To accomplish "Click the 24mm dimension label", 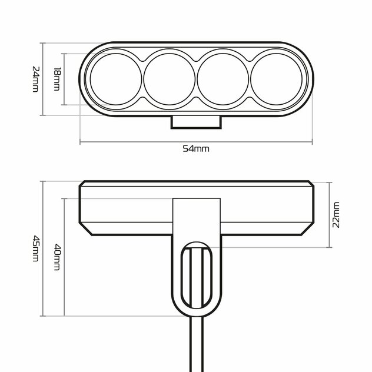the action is pyautogui.click(x=35, y=79).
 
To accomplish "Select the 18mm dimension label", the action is pyautogui.click(x=57, y=79).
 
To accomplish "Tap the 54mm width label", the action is pyautogui.click(x=196, y=149).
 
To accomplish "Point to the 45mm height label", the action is pyautogui.click(x=35, y=248).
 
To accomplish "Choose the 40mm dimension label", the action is pyautogui.click(x=57, y=257).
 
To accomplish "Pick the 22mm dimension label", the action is pyautogui.click(x=336, y=215).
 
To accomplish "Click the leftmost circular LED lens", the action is pyautogui.click(x=116, y=79).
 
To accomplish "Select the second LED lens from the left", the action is pyautogui.click(x=170, y=79).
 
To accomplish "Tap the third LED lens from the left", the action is pyautogui.click(x=223, y=79).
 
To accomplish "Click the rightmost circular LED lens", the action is pyautogui.click(x=277, y=79).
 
